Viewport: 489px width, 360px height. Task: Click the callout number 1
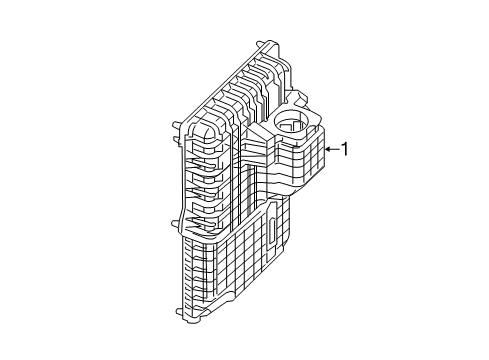[x=345, y=150]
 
